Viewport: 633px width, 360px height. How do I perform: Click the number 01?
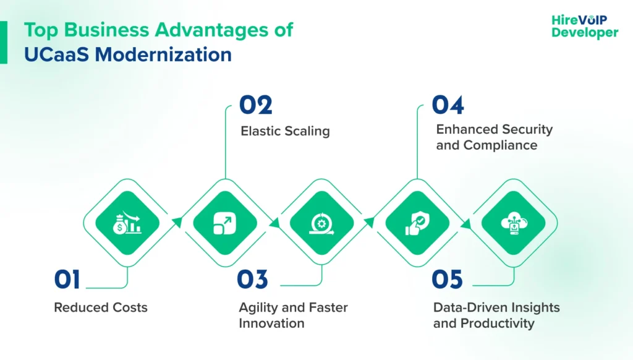coord(67,280)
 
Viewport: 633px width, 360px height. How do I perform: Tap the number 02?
coord(256,105)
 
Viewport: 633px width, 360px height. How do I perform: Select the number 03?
coord(253,280)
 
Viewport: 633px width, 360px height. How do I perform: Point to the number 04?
coord(448,105)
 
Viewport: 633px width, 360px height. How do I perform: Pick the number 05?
coord(448,280)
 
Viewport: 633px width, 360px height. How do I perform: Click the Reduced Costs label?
coord(101,307)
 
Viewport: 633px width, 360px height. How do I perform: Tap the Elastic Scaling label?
coord(284,131)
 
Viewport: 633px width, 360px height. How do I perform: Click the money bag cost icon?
coord(127,223)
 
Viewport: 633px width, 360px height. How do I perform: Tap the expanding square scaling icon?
coord(224,223)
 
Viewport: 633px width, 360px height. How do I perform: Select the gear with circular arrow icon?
coord(321,223)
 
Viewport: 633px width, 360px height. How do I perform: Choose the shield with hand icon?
coord(417,223)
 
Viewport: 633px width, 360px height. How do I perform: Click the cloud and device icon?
coord(514,223)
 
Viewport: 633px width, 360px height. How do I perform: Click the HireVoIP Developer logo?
coord(584,26)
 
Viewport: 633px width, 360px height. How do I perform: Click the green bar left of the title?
coord(4,42)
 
